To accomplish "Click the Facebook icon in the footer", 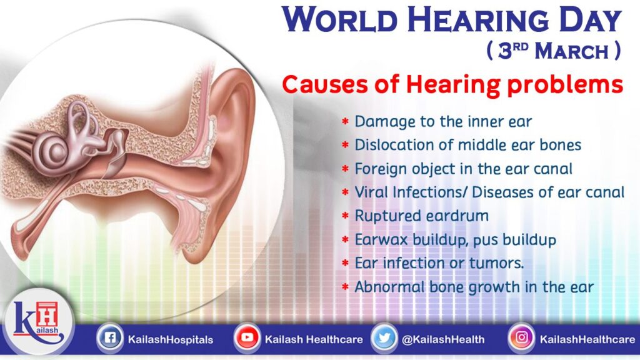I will click(109, 339).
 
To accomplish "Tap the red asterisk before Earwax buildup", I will click(345, 240).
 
